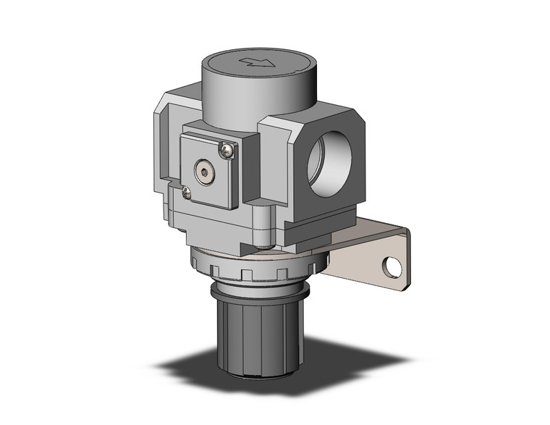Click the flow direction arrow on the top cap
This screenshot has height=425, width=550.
pyautogui.click(x=258, y=63)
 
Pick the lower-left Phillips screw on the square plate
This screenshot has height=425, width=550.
pyautogui.click(x=187, y=191)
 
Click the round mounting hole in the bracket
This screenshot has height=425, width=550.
pyautogui.click(x=392, y=268)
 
